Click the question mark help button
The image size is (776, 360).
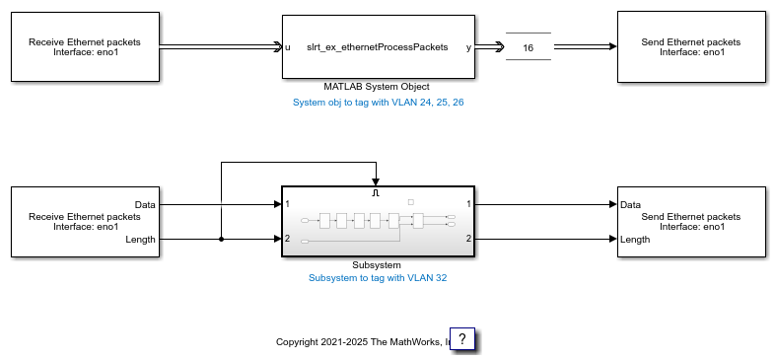coord(462,338)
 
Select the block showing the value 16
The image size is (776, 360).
coord(529,46)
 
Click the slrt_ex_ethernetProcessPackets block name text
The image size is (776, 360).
coord(377,47)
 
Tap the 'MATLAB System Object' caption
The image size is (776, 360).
coord(377,87)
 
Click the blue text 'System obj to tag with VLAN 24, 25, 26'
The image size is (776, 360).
coord(378,103)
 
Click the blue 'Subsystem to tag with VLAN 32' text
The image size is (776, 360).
coord(378,278)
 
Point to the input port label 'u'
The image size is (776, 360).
coord(288,47)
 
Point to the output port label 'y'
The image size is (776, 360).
coord(468,48)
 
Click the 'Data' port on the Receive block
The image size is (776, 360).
coord(145,204)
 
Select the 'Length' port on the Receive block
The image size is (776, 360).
coord(141,239)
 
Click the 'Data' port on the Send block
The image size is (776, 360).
coord(630,204)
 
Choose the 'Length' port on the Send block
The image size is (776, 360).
coord(635,239)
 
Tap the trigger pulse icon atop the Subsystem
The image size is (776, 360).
coord(375,193)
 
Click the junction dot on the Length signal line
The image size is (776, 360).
coord(221,239)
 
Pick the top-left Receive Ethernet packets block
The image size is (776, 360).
coord(85,46)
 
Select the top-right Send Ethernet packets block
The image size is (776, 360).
coord(691,46)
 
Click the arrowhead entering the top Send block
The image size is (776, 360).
coord(613,46)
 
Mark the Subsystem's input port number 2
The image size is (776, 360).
coord(288,239)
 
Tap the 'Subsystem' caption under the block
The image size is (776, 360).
coord(377,265)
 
